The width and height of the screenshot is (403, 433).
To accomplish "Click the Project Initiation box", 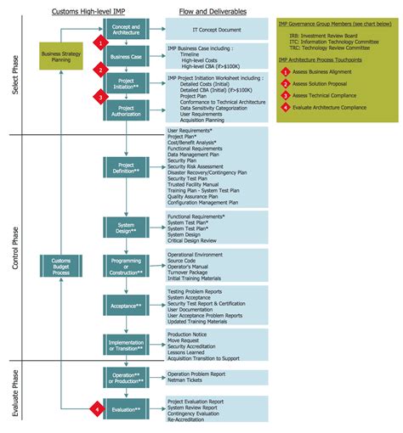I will [x=126, y=83].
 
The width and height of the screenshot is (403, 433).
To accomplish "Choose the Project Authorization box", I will [x=126, y=111].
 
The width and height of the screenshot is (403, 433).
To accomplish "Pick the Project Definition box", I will [x=126, y=168].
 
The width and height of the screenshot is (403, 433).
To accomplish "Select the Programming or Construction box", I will [x=126, y=266].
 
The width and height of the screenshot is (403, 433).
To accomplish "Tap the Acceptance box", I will [x=126, y=304].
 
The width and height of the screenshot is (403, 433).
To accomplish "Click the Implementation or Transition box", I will [x=126, y=344].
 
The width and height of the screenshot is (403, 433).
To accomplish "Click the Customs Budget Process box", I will [x=62, y=267].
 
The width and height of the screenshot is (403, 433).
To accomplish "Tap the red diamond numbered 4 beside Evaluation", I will [x=98, y=410].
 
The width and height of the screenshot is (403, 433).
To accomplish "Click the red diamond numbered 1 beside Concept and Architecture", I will [x=100, y=41].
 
